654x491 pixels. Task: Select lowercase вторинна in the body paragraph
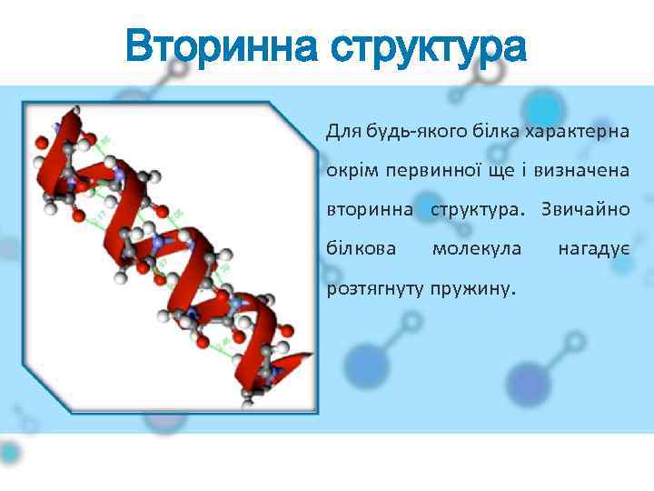coord(367,210)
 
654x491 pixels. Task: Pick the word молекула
coord(477,248)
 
